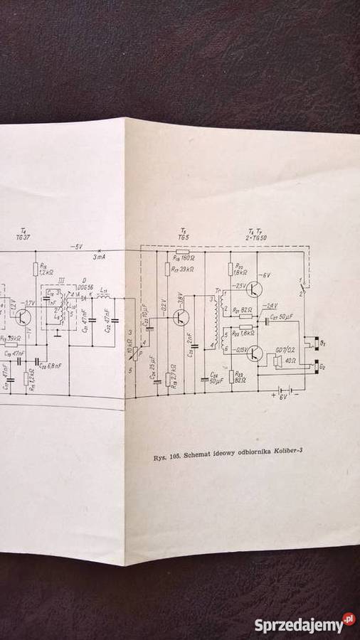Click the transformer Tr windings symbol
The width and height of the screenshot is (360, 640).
216,321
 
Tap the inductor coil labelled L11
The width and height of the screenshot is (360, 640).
102,299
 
